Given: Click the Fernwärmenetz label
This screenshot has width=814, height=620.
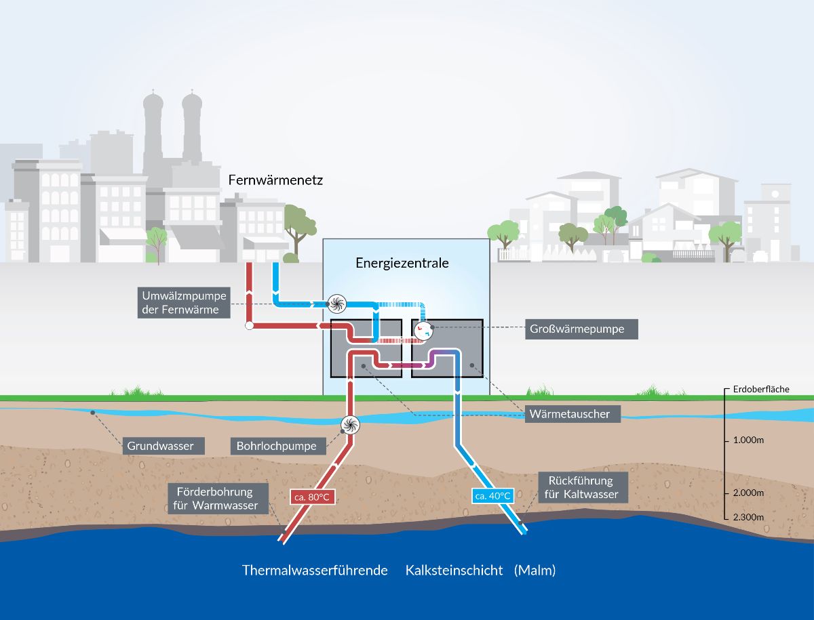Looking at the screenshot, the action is pos(275,180).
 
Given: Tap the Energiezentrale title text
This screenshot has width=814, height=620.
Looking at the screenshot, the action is pos(402,263).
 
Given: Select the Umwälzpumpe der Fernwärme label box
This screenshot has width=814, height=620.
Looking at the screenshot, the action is pos(184,303).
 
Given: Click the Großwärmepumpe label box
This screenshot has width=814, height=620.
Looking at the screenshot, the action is pos(581,329).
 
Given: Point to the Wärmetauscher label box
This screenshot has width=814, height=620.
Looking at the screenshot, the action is pos(573,414).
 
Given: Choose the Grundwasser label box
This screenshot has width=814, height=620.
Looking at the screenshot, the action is pos(163,446).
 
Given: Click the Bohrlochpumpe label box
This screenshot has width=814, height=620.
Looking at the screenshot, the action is pos(278,446).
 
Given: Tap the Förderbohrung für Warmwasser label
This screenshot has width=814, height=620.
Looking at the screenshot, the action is pos(218,499).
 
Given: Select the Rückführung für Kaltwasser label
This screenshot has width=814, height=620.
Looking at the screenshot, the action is pos(583,487).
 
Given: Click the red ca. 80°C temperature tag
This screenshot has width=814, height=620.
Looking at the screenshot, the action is pos(312,497).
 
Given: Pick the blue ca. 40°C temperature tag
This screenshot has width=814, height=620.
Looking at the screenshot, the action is pos(493,496).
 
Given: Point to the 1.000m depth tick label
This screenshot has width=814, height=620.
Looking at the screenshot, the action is pos(748,440).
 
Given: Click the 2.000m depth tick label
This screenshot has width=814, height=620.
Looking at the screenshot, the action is pos(748,493).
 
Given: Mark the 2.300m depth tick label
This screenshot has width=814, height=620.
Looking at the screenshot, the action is pos(748,517).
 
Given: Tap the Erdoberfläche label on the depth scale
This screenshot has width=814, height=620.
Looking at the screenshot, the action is pos(761,389).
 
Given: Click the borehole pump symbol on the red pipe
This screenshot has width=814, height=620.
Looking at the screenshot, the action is pos(350,425).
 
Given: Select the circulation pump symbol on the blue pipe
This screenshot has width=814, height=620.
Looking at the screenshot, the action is pos(336,304).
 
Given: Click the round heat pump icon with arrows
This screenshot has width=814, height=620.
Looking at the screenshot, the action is pos(423,331).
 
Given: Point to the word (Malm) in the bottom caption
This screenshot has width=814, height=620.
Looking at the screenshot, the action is pos(535,571).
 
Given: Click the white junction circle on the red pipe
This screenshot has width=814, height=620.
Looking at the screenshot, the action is pos(250,326).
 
